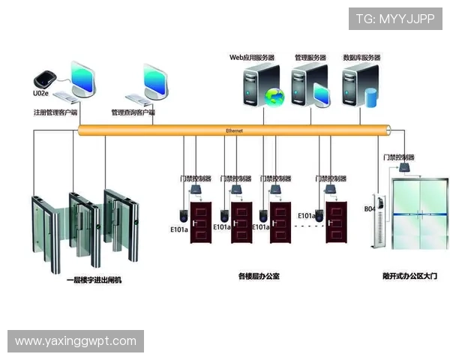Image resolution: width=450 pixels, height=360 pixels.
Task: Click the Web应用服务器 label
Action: (x=251, y=57)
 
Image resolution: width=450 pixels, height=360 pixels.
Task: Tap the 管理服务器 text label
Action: (x=310, y=57)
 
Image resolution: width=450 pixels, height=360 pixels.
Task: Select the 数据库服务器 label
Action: (x=361, y=57)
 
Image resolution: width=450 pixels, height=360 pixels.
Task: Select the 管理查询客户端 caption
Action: (x=133, y=112)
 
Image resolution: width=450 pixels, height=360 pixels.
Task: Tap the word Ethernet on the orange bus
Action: (x=234, y=130)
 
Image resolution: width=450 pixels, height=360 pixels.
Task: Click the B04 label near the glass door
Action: (x=369, y=209)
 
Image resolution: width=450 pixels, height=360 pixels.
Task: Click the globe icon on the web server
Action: (x=276, y=96)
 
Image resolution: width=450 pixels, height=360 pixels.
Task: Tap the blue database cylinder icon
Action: (x=369, y=97)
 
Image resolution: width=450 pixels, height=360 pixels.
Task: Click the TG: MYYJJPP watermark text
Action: (x=395, y=19)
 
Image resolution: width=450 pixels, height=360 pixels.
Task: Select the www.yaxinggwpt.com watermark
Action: (x=75, y=341)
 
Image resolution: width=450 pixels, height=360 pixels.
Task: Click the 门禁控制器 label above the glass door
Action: (x=398, y=157)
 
